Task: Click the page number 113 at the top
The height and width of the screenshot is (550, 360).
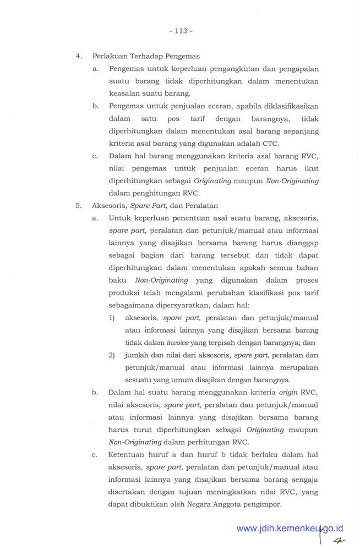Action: pyautogui.click(x=181, y=31)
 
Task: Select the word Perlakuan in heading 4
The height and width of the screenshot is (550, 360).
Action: pyautogui.click(x=108, y=56)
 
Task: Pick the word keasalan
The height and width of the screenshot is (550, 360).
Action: pyautogui.click(x=126, y=94)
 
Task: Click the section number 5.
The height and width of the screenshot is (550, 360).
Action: pyautogui.click(x=79, y=206)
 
